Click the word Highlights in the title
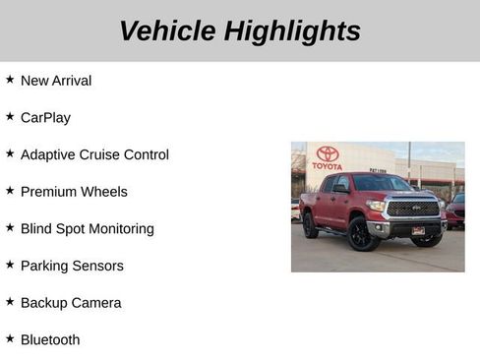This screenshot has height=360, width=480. (x=292, y=30)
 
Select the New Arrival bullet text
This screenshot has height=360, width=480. (x=56, y=81)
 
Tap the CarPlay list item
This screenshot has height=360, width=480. (x=45, y=118)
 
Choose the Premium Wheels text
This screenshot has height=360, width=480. (x=74, y=192)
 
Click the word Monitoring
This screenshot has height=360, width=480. (x=118, y=229)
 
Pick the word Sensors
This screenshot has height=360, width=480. (x=100, y=266)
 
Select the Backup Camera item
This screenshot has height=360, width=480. (x=71, y=303)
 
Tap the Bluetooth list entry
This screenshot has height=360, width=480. (x=50, y=340)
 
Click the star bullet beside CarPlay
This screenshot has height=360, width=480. (x=10, y=116)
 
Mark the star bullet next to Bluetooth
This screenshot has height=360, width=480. (x=10, y=338)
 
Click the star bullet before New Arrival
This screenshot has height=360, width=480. (x=10, y=79)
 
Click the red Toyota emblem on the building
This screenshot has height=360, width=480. (x=328, y=153)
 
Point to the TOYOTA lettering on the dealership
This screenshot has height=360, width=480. (x=328, y=166)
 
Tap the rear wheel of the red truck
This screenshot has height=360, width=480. (x=310, y=225)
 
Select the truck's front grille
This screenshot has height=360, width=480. (x=413, y=209)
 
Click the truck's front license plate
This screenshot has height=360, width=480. (x=418, y=230)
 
